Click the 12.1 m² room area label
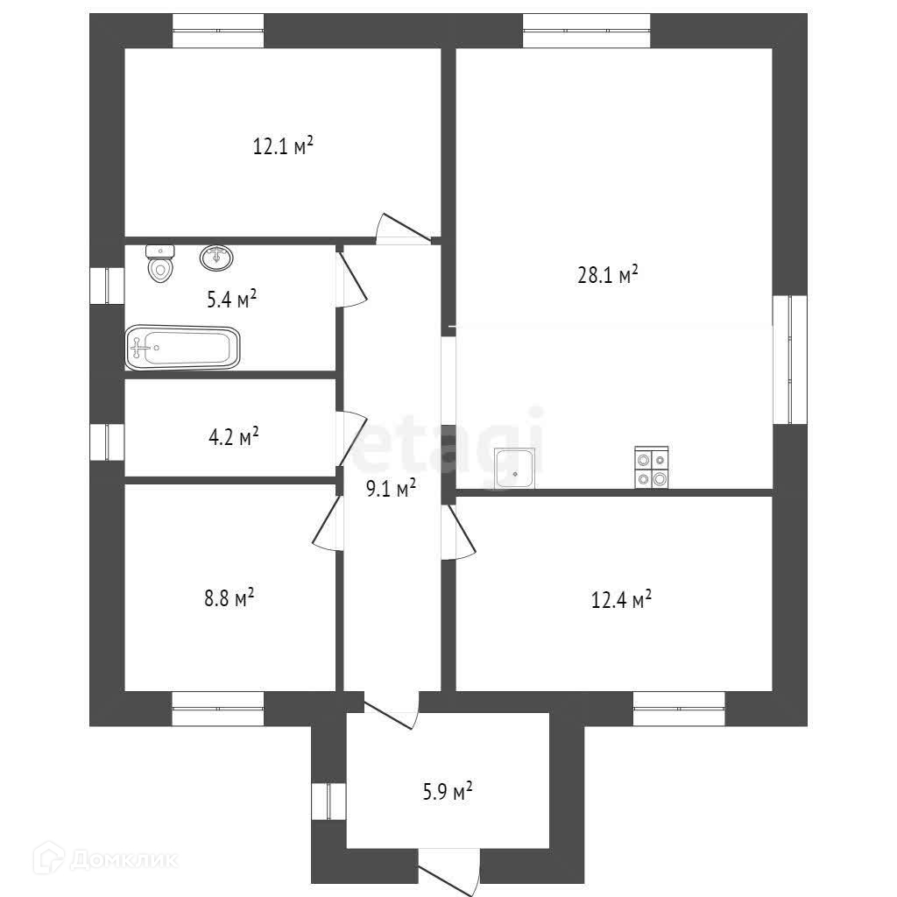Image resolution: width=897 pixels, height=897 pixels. click(283, 146)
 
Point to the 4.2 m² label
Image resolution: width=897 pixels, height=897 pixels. click(232, 435)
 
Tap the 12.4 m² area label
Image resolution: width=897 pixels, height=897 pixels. click(621, 601)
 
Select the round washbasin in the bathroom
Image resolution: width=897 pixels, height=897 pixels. click(216, 258)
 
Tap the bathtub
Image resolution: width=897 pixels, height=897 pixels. click(182, 349)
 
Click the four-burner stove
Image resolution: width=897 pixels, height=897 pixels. click(652, 467)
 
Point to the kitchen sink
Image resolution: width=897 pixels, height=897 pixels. click(516, 469)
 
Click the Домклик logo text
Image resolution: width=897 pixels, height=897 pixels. click(123, 859)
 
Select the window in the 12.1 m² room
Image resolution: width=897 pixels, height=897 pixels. click(218, 31)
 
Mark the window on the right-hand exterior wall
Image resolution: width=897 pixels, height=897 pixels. click(789, 359)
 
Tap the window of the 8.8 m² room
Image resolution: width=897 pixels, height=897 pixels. click(218, 709)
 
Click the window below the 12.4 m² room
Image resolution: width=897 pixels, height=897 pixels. click(679, 709)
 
